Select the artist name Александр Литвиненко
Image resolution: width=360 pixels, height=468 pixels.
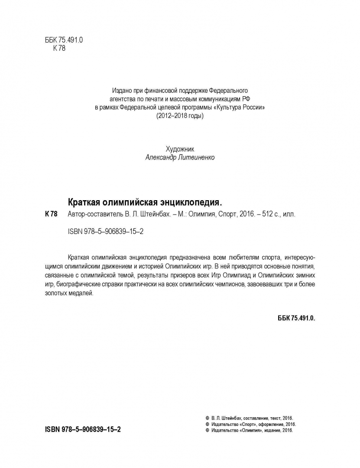point(180,158)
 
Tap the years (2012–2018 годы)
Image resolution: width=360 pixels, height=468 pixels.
point(179,116)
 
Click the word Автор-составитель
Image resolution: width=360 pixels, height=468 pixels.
point(93,214)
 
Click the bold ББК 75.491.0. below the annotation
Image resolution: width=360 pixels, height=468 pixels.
point(296,318)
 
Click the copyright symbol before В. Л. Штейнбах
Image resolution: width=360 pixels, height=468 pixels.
point(208,418)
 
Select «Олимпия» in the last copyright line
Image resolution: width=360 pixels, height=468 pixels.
point(249,431)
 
